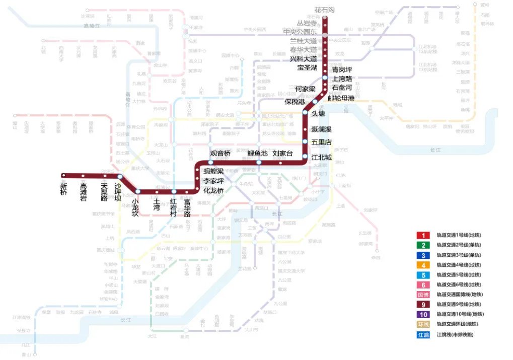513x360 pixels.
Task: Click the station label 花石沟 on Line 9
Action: coord(324,10)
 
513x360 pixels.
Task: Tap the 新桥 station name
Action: coord(63,189)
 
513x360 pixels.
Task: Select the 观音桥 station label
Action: coord(220,153)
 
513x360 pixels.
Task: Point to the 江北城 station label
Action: coord(322,157)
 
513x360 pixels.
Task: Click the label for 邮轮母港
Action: coord(341,98)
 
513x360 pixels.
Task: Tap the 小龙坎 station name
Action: coord(135,207)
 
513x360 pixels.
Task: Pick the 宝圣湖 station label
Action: coord(307,67)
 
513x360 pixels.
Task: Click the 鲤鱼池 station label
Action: coord(257,153)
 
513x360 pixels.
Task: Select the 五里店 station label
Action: coord(322,142)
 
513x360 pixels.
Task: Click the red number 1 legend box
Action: coord(423,236)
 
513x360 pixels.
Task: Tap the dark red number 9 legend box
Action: coord(423,305)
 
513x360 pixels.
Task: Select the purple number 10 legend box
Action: coord(423,314)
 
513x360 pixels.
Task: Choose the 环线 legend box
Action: coord(423,324)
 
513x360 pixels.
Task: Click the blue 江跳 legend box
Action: coord(423,334)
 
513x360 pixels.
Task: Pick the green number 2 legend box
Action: coord(423,245)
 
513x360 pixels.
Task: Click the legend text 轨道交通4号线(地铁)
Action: coord(458,265)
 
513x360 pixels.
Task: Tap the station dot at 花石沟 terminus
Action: coord(325,18)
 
